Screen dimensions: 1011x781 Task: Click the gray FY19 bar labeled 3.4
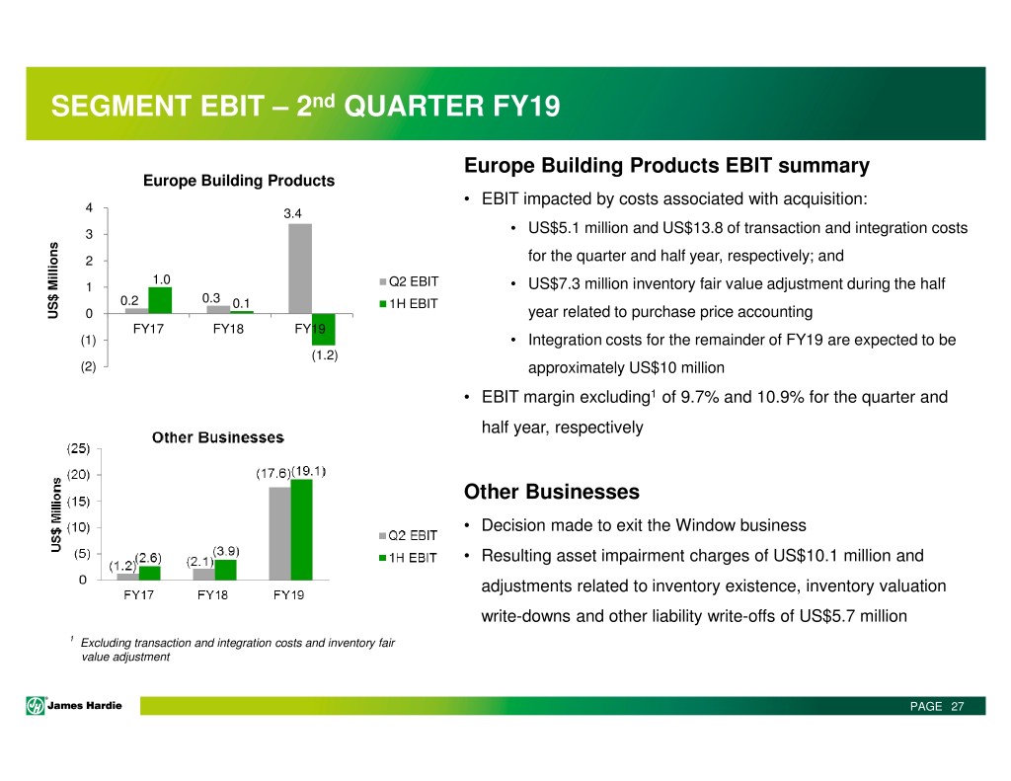click(x=300, y=269)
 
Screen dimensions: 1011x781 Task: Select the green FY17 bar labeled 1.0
click(x=160, y=300)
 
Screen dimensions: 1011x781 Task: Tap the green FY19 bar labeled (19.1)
click(x=302, y=529)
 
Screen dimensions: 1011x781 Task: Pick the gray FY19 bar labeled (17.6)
click(x=279, y=533)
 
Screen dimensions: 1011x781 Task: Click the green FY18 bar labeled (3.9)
click(x=226, y=570)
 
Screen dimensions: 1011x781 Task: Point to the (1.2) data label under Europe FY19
click(x=324, y=355)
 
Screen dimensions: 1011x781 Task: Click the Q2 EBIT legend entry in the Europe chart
click(x=409, y=281)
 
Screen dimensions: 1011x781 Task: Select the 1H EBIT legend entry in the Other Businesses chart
click(x=408, y=558)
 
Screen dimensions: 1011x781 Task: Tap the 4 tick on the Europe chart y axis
click(x=89, y=207)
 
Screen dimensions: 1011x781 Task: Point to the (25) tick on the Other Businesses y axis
click(x=79, y=448)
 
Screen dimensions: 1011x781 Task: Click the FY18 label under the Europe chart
click(x=228, y=329)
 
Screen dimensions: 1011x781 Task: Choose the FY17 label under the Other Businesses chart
click(x=138, y=594)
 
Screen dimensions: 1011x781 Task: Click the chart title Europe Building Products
click(x=239, y=181)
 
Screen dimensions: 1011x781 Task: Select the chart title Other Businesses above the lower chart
click(x=218, y=437)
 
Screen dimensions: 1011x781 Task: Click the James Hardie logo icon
click(x=36, y=706)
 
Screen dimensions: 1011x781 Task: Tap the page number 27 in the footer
click(x=958, y=706)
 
